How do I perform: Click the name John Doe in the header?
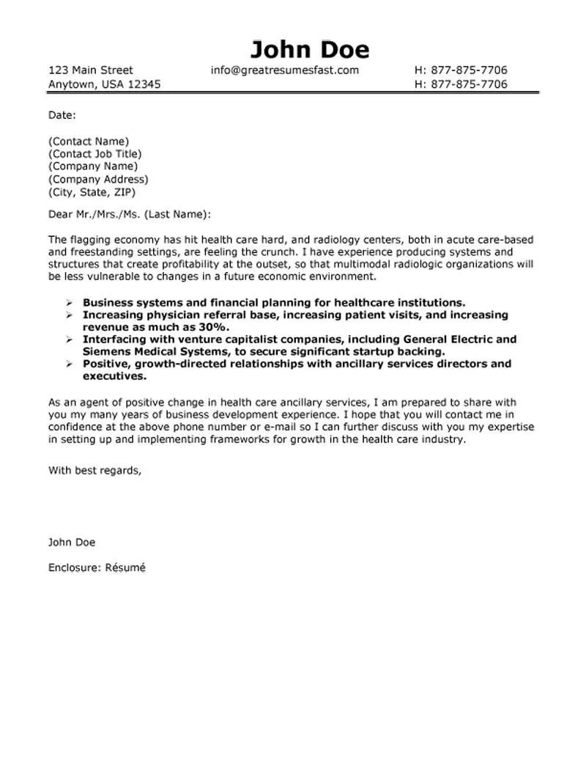[x=310, y=49]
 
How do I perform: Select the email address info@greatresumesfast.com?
[x=284, y=70]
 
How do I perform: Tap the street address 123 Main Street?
[x=90, y=70]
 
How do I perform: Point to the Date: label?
[x=62, y=115]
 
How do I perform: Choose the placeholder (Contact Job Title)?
[x=94, y=154]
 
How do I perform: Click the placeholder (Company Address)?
[x=98, y=180]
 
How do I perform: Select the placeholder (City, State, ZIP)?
[x=92, y=192]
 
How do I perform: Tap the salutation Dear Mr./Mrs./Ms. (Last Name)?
[x=129, y=214]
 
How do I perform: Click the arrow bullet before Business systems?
[x=68, y=302]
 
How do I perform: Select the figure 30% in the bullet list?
[x=212, y=327]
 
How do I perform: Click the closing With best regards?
[x=95, y=470]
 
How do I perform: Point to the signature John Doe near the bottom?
[x=72, y=543]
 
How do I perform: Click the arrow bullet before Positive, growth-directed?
[x=68, y=364]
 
